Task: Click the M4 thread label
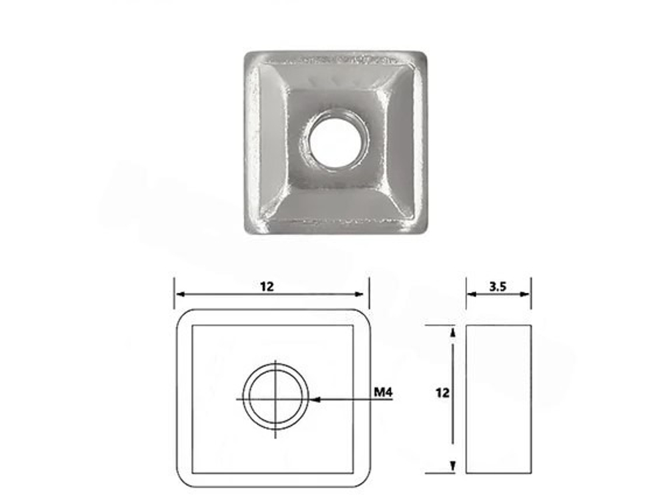[383, 392]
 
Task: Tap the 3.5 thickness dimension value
[498, 287]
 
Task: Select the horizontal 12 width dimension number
[267, 287]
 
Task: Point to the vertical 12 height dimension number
[442, 393]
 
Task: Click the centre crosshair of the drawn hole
[275, 399]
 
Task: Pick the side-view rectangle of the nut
[498, 399]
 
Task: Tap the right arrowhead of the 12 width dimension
[359, 294]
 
